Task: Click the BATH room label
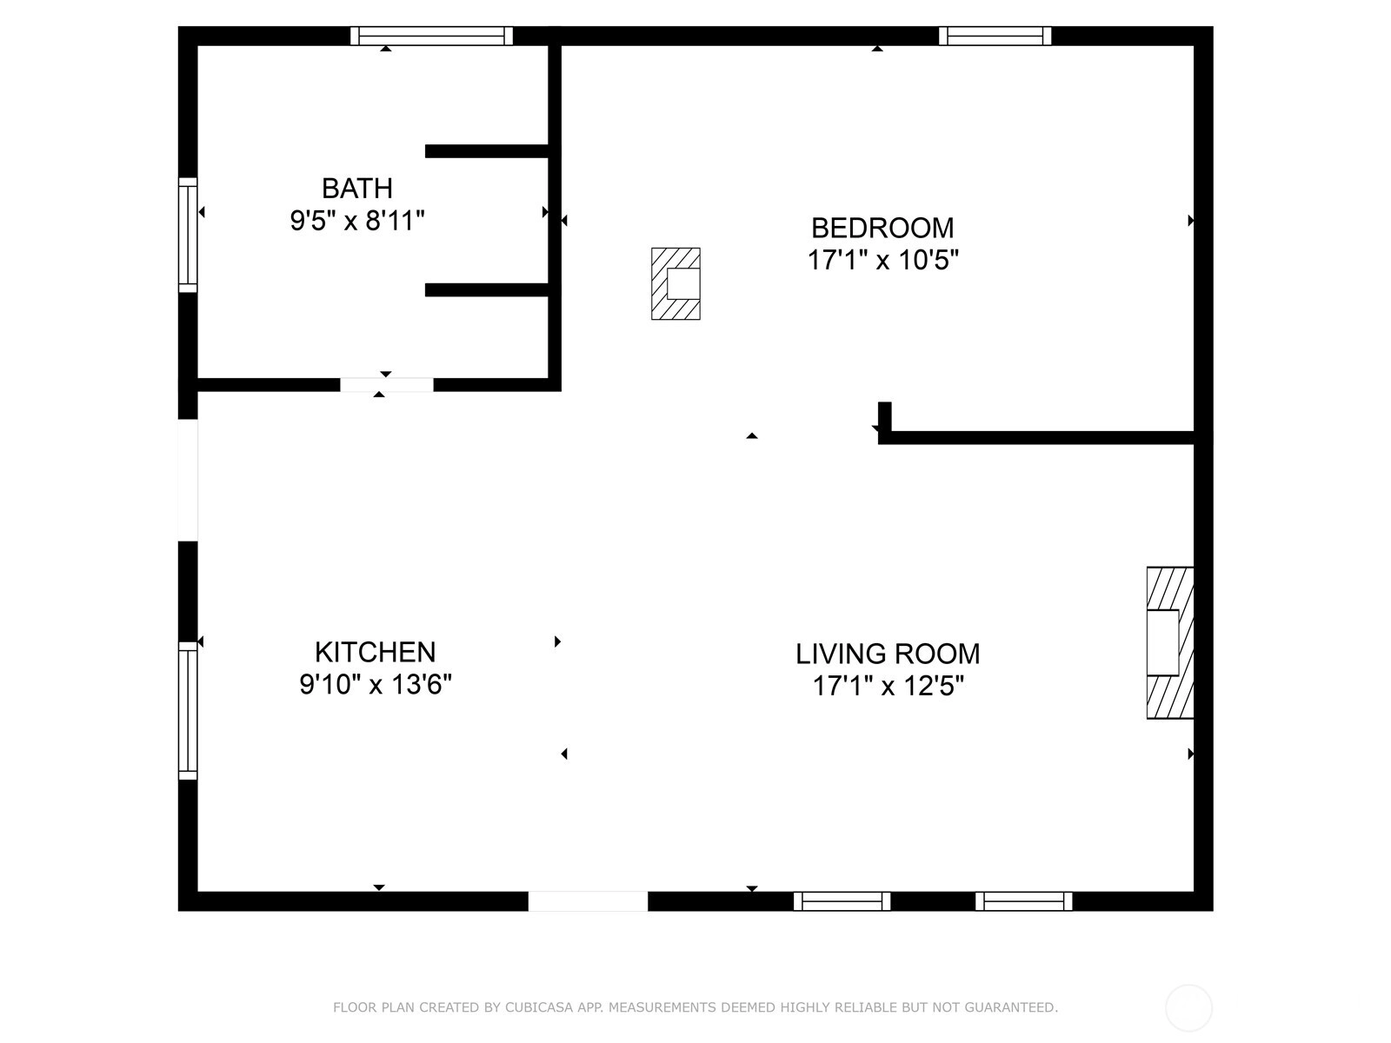pyautogui.click(x=356, y=188)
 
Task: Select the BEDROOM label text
pyautogui.click(x=882, y=228)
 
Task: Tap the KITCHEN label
pyautogui.click(x=376, y=652)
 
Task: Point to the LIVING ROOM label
pyautogui.click(x=888, y=654)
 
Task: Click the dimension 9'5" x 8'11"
pyautogui.click(x=356, y=221)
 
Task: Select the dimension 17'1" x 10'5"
pyautogui.click(x=882, y=260)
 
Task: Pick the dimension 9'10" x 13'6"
pyautogui.click(x=376, y=685)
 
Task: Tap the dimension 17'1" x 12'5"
pyautogui.click(x=888, y=686)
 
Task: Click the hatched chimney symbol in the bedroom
pyautogui.click(x=676, y=283)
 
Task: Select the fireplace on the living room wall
pyautogui.click(x=1170, y=643)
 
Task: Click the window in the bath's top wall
pyautogui.click(x=431, y=37)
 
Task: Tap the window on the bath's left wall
pyautogui.click(x=188, y=235)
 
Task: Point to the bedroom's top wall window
pyautogui.click(x=995, y=37)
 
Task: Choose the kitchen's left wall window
pyautogui.click(x=188, y=710)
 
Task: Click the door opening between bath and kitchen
pyautogui.click(x=387, y=384)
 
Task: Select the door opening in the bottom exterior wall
pyautogui.click(x=588, y=901)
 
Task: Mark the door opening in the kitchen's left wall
pyautogui.click(x=188, y=480)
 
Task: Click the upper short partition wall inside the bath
pyautogui.click(x=487, y=151)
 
